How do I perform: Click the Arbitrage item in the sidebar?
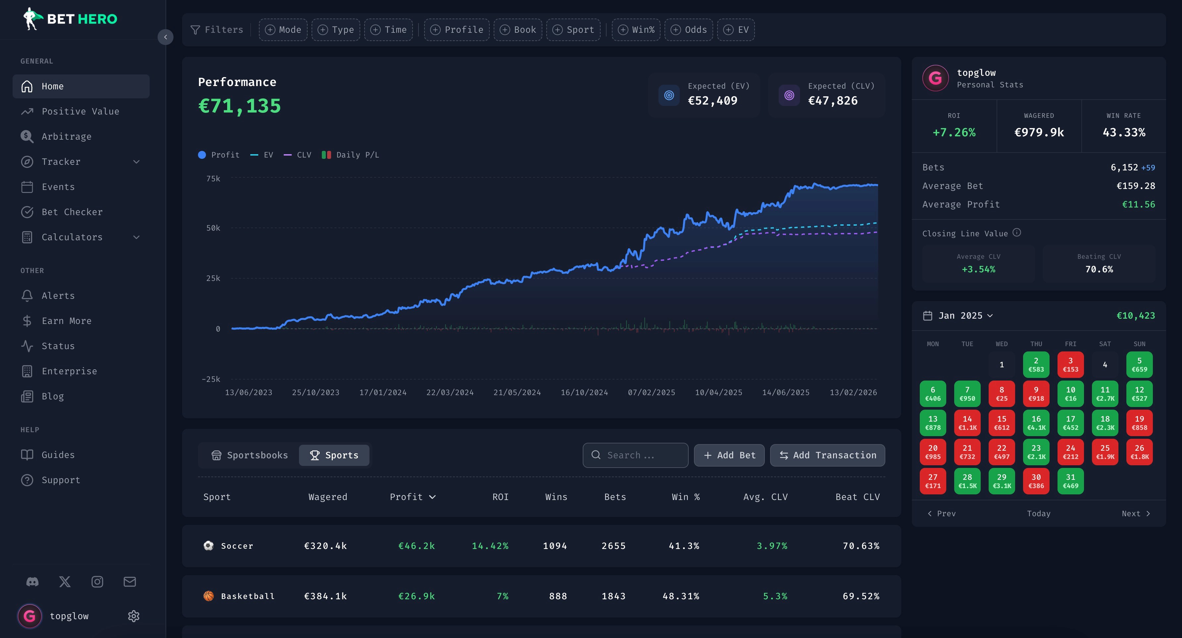click(67, 136)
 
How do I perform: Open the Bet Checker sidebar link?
click(72, 212)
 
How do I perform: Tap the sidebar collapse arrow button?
click(166, 37)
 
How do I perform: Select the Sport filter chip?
click(573, 30)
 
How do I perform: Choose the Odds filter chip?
click(689, 30)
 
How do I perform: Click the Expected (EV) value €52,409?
click(713, 101)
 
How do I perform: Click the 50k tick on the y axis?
click(213, 228)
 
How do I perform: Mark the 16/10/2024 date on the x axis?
click(584, 392)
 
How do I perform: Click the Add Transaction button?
click(827, 455)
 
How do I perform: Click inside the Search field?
click(635, 455)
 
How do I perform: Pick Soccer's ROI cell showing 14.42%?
click(490, 546)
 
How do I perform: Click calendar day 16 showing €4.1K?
click(1036, 423)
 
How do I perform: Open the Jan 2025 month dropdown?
click(965, 316)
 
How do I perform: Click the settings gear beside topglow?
click(133, 616)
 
